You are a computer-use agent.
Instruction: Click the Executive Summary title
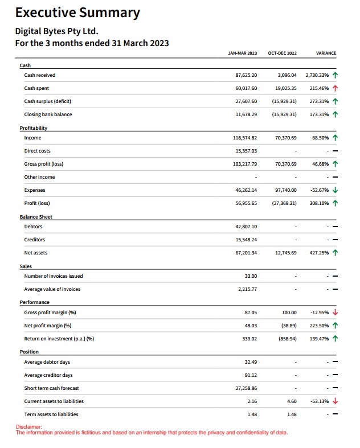(77, 13)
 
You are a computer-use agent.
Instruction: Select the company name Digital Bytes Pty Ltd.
(53, 31)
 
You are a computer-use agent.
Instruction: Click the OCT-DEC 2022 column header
(282, 53)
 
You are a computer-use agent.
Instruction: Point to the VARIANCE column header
(326, 53)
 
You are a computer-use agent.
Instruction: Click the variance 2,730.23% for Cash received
(318, 75)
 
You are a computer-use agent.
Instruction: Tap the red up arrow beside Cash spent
(336, 88)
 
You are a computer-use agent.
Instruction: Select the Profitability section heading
(34, 128)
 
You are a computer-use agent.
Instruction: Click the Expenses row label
(35, 190)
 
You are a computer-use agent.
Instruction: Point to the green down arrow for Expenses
(336, 190)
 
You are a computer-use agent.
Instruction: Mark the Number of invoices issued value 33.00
(251, 276)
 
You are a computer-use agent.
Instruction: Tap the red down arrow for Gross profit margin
(336, 313)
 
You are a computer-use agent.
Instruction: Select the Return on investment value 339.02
(249, 339)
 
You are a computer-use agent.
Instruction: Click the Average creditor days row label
(48, 375)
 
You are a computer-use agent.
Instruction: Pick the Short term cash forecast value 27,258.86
(246, 388)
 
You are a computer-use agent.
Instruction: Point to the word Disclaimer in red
(28, 427)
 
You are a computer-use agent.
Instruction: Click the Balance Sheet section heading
(36, 217)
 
